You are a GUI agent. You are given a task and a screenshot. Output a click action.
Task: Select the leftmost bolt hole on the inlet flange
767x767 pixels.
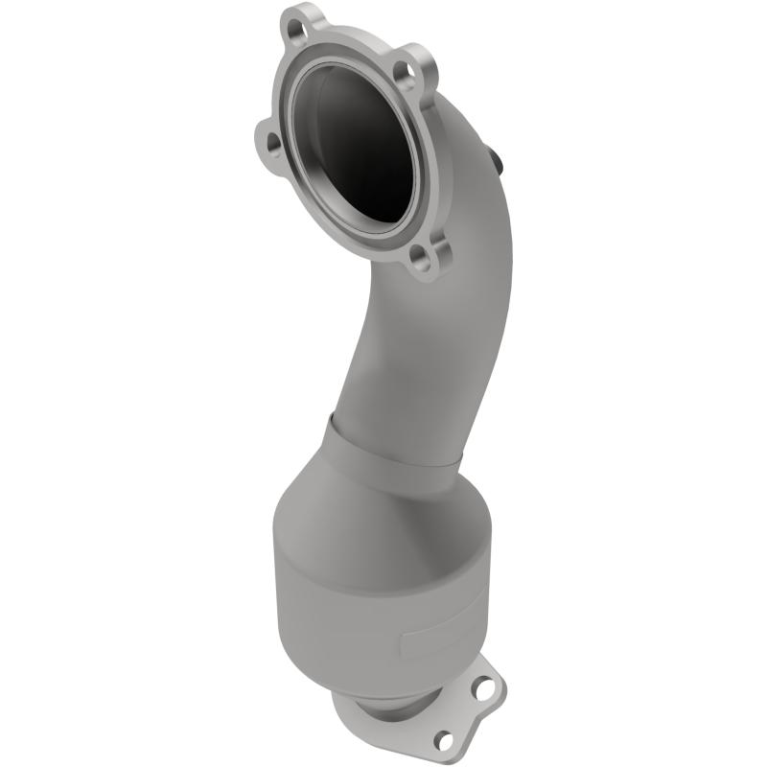[x=273, y=143]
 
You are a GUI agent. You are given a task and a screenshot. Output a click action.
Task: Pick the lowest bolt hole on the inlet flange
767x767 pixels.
[x=419, y=256]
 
